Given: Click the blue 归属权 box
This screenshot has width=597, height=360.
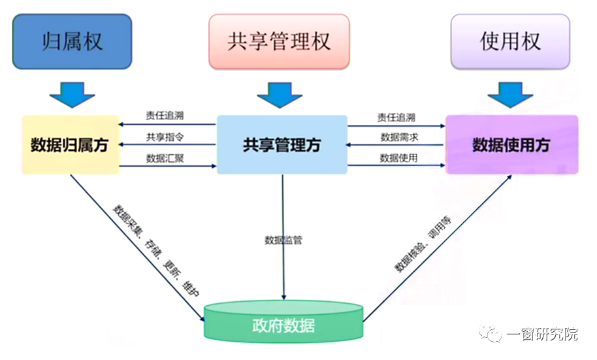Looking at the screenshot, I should pyautogui.click(x=73, y=42).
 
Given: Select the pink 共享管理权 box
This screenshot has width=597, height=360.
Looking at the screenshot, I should pyautogui.click(x=279, y=42).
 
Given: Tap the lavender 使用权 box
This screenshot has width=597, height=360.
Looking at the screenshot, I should pyautogui.click(x=510, y=42).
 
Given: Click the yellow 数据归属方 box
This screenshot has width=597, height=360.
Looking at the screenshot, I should pyautogui.click(x=70, y=145).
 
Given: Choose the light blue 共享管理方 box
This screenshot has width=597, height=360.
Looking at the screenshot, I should pyautogui.click(x=282, y=145).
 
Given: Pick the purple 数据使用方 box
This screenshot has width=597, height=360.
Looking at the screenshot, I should pyautogui.click(x=511, y=145).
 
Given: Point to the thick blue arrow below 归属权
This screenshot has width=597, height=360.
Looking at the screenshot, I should pyautogui.click(x=71, y=94).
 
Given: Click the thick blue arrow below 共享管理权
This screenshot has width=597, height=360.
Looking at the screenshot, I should pyautogui.click(x=280, y=95).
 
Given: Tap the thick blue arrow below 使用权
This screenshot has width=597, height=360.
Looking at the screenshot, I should pyautogui.click(x=511, y=94).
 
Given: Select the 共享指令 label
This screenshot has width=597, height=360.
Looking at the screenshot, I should pyautogui.click(x=165, y=137).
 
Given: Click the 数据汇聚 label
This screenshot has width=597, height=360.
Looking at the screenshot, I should pyautogui.click(x=165, y=158).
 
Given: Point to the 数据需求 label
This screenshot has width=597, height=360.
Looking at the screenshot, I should pyautogui.click(x=399, y=137).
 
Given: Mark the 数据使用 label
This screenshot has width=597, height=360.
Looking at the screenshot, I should pyautogui.click(x=399, y=158).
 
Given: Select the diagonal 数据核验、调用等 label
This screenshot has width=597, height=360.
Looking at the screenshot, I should pyautogui.click(x=422, y=242).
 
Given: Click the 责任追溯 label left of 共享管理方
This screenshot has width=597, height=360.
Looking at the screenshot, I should pyautogui.click(x=165, y=116).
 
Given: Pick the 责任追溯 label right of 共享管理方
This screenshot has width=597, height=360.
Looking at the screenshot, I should pyautogui.click(x=396, y=118).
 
